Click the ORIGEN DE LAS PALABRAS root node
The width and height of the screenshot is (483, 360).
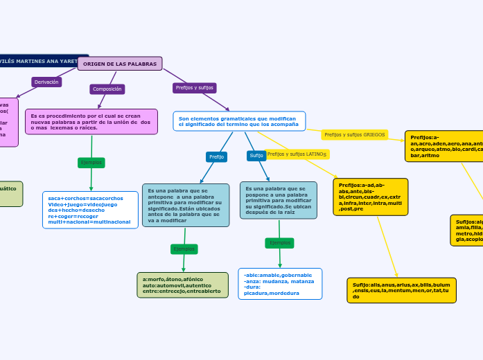120,64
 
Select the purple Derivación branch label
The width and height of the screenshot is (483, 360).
46,82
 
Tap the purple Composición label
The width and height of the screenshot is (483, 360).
107,89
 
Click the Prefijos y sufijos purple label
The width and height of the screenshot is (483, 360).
194,88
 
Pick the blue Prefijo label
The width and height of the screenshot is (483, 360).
216,156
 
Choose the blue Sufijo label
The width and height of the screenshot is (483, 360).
256,156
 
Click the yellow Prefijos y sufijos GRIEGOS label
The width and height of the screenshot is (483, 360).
354,134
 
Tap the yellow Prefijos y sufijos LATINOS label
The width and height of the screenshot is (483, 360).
297,154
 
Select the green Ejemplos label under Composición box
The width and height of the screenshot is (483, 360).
91,163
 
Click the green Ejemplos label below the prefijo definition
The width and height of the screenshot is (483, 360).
184,249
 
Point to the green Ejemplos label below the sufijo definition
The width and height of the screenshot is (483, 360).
279,243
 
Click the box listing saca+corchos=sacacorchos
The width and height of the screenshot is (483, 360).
90,210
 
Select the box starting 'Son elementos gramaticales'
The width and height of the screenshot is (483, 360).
239,121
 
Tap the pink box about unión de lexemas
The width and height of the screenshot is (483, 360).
91,122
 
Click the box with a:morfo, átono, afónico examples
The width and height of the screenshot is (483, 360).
182,285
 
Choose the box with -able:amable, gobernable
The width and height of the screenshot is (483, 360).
279,284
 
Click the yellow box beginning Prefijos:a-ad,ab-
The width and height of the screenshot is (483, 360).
370,197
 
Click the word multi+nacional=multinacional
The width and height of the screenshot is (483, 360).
89,222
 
